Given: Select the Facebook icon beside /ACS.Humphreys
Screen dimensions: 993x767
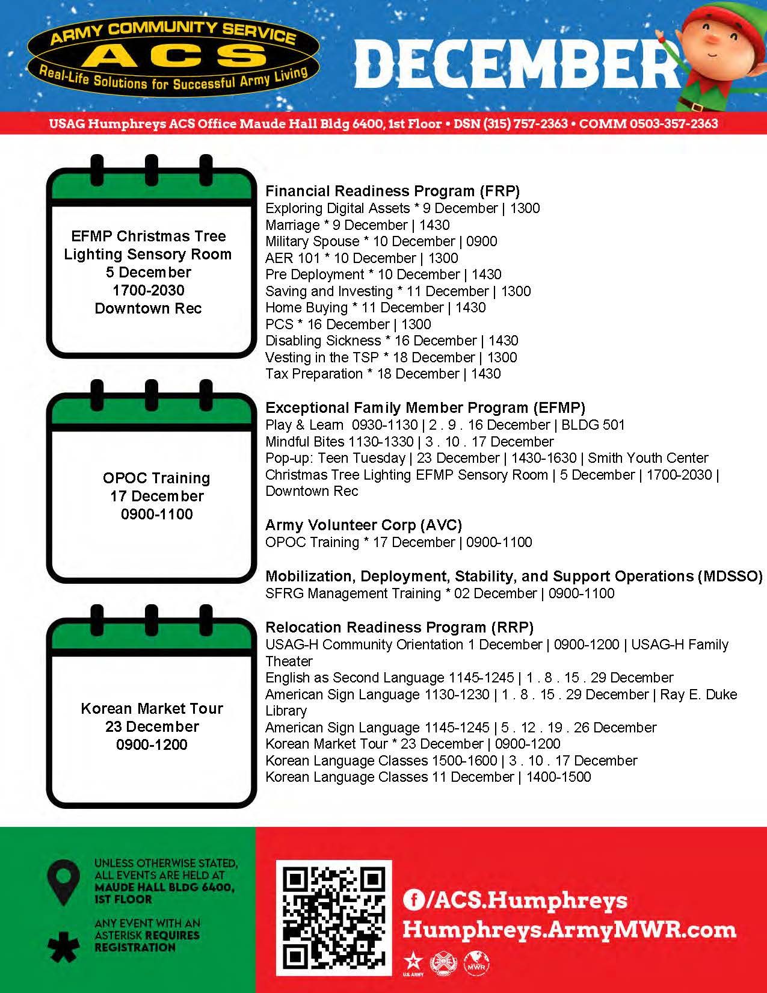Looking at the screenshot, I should pyautogui.click(x=413, y=900).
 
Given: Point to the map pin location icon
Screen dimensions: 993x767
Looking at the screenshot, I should pyautogui.click(x=63, y=882).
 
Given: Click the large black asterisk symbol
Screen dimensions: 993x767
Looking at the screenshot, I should pyautogui.click(x=63, y=946).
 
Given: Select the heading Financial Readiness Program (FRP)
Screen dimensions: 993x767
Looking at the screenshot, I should pyautogui.click(x=392, y=191).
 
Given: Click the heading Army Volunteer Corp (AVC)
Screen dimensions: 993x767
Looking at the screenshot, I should pyautogui.click(x=363, y=525).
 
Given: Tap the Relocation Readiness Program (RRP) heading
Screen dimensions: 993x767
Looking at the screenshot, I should pyautogui.click(x=399, y=628).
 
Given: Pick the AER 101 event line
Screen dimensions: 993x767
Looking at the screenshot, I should pyautogui.click(x=362, y=258).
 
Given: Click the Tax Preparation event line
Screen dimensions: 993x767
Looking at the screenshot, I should pyautogui.click(x=383, y=374).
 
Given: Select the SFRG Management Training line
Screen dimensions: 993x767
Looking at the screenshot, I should pyautogui.click(x=440, y=593).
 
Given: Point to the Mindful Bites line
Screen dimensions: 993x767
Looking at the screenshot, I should pyautogui.click(x=409, y=442).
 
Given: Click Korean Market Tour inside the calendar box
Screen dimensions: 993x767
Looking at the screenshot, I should pyautogui.click(x=152, y=708).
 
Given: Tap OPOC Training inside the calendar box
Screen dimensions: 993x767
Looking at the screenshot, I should pyautogui.click(x=156, y=478).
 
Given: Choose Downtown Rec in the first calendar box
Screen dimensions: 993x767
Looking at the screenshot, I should pyautogui.click(x=148, y=309).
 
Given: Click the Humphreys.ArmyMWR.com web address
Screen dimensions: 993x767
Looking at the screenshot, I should pyautogui.click(x=569, y=930).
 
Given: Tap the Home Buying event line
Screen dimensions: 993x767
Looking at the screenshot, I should pyautogui.click(x=375, y=308).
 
